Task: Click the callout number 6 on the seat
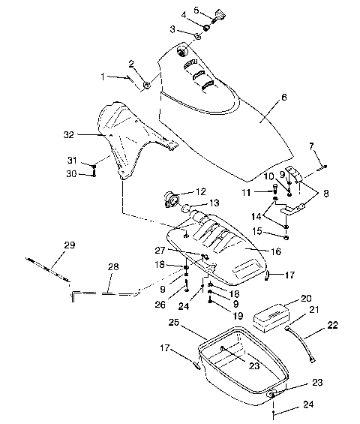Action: point(283,97)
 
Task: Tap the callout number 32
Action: point(69,134)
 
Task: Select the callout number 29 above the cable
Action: point(70,245)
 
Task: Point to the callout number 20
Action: point(306,298)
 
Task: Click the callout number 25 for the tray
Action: point(174,323)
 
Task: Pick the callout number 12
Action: point(200,191)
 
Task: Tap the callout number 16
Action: point(276,251)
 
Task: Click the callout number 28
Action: point(113,267)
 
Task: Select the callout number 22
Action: point(332,324)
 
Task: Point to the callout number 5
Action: point(196,11)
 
